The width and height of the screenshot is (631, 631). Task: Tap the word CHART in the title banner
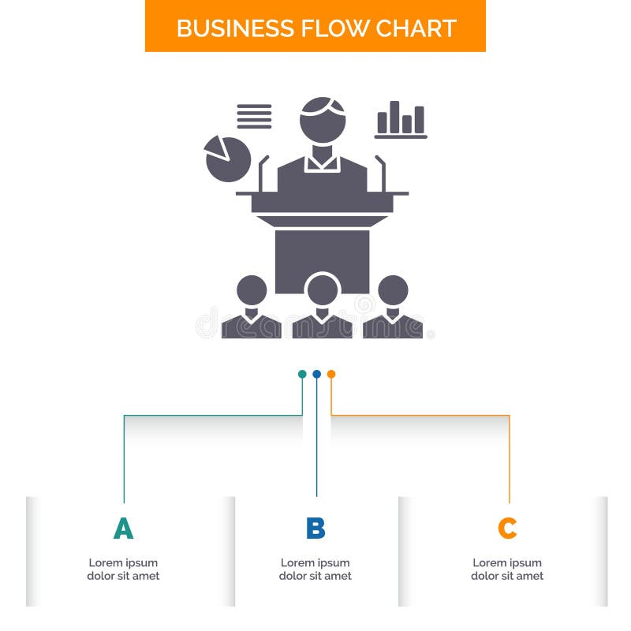point(415,28)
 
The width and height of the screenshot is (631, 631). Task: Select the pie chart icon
point(227,158)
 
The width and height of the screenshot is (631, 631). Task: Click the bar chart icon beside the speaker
point(401,120)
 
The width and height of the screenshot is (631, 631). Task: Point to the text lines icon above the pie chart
point(254,117)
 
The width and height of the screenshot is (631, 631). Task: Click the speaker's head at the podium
point(322,118)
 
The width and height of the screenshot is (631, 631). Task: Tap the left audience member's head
point(252,289)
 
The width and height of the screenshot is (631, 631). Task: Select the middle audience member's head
point(323,289)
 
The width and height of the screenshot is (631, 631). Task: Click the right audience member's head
point(393,289)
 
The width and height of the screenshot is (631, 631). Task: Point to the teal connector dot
point(302,374)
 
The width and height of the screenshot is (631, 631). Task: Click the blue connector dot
point(316,374)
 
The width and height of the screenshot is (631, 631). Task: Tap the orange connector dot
point(331,374)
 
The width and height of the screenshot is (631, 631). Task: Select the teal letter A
point(123,528)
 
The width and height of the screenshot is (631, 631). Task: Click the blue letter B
point(315,528)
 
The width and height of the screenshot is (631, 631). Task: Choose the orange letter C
point(507,528)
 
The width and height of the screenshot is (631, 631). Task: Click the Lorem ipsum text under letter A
point(123,569)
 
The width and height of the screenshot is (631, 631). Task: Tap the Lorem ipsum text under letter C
point(507,569)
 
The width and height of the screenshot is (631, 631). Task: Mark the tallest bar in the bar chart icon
point(394,117)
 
